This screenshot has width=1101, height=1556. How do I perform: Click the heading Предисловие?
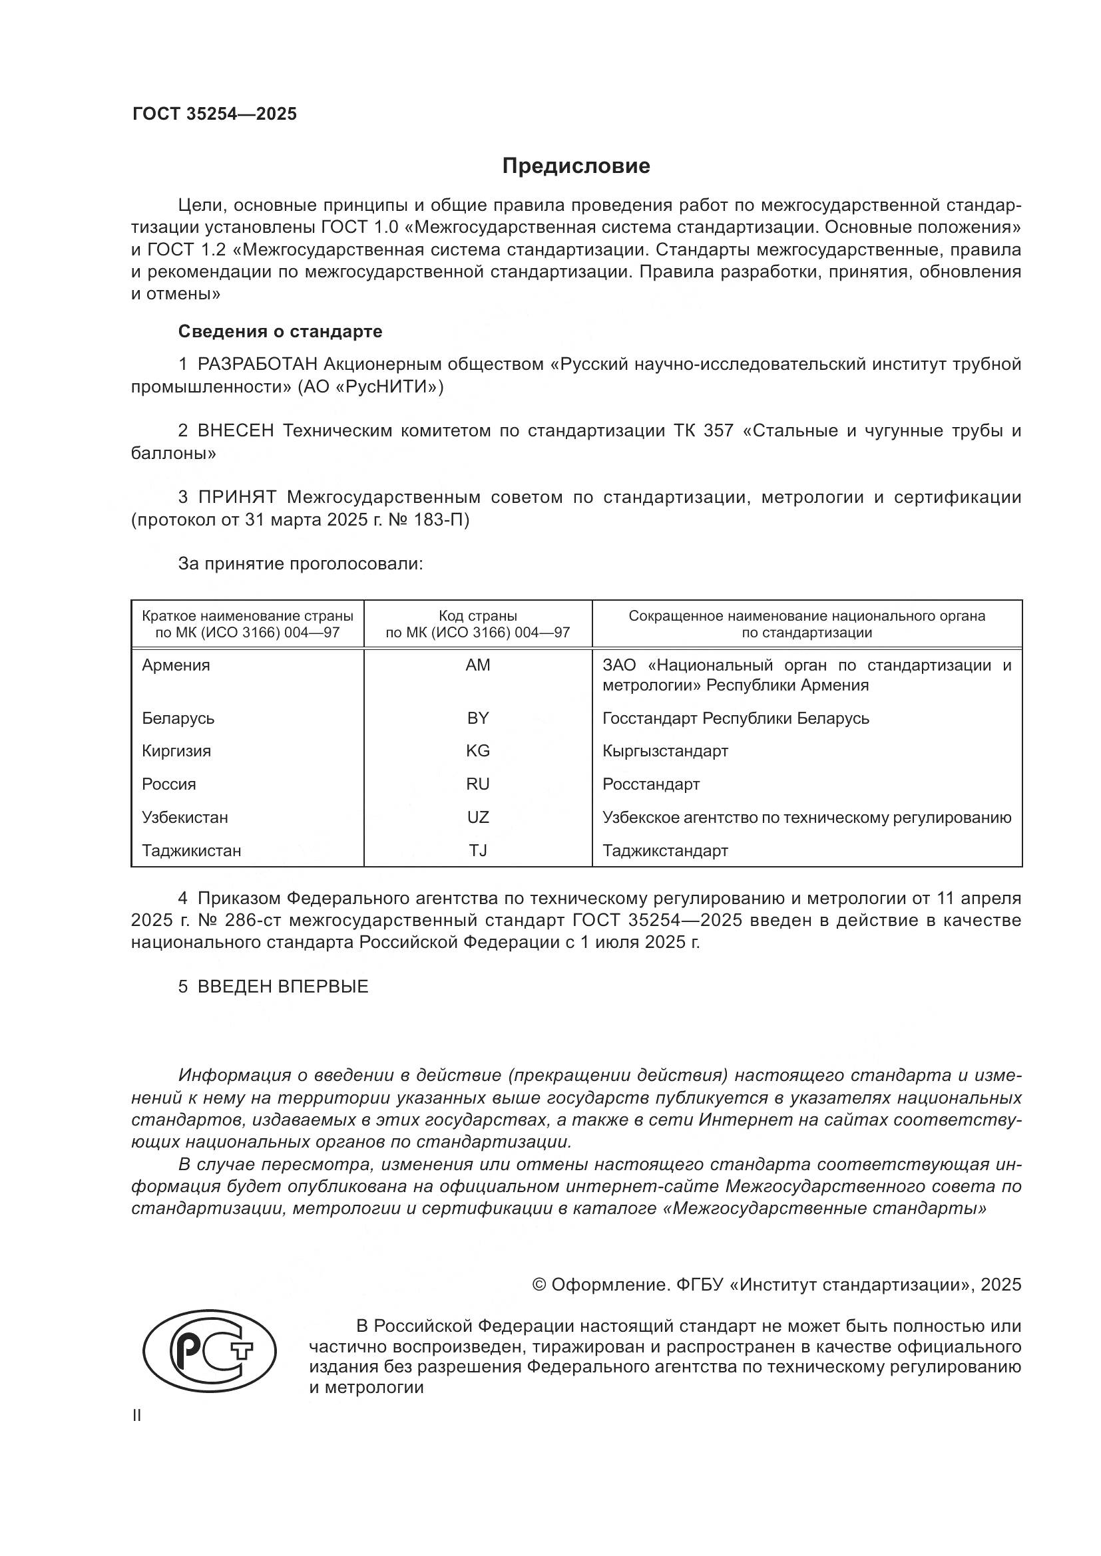click(576, 166)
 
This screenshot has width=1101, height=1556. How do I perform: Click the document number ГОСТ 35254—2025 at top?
click(214, 114)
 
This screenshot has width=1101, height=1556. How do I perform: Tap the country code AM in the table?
click(477, 665)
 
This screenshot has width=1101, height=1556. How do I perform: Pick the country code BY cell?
click(477, 718)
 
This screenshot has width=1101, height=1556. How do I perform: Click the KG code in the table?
click(477, 751)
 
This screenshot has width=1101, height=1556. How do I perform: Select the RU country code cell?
click(477, 784)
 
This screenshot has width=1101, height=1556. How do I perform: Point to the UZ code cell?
click(477, 818)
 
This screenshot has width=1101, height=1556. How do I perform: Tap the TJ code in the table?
click(477, 851)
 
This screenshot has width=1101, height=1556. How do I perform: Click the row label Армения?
click(176, 665)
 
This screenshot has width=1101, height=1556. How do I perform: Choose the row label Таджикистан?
click(191, 851)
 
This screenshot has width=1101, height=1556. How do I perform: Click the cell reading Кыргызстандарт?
click(665, 751)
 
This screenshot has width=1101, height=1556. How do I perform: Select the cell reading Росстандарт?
click(651, 784)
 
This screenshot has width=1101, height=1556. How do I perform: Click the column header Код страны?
click(477, 616)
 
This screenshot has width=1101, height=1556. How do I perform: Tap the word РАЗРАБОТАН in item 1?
click(257, 365)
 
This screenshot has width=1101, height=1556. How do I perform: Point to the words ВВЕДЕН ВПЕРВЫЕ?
click(283, 987)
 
